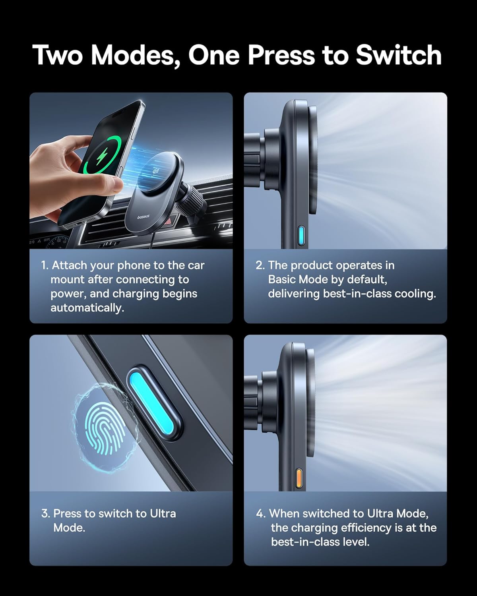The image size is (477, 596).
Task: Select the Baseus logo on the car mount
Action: pyautogui.click(x=143, y=217)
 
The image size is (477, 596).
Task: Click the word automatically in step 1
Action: pyautogui.click(x=87, y=308)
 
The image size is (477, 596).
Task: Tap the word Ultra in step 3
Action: pyautogui.click(x=163, y=513)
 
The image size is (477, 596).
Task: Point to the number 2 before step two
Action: pyautogui.click(x=260, y=265)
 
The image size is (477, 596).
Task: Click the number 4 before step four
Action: pyautogui.click(x=260, y=513)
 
